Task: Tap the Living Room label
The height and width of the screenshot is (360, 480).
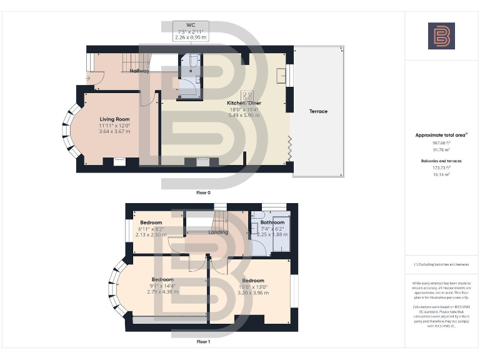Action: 114,119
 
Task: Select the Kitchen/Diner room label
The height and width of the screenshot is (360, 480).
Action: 244,102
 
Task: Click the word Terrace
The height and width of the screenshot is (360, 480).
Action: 318,112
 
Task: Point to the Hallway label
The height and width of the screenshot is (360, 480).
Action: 139,71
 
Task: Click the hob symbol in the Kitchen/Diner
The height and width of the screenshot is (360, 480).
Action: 247,96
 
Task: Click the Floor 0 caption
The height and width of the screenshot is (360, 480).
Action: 203,192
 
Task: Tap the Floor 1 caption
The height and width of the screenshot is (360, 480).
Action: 203,342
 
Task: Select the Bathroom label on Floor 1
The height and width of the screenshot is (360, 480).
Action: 272,222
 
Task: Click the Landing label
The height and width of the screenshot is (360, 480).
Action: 218,232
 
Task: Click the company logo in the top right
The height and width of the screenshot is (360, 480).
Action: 441,36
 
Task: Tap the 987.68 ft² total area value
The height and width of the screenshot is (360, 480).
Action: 441,143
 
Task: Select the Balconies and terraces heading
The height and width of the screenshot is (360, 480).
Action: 441,162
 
